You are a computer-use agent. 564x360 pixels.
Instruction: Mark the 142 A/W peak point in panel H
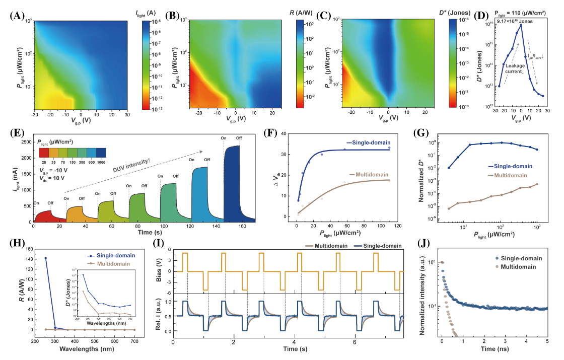[x=46, y=258]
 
